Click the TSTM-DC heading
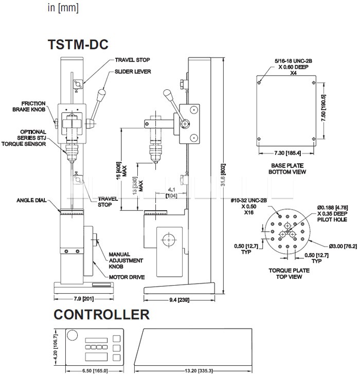(78, 45)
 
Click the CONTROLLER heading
(101, 314)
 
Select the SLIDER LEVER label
(133, 71)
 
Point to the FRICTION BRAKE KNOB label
(32, 106)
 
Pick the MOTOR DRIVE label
(127, 277)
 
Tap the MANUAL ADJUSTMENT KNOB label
(121, 261)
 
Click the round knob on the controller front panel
(71, 335)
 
